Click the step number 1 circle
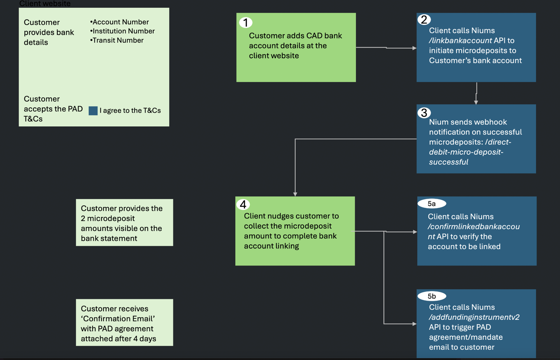245,23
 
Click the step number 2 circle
424,19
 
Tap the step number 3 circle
424,113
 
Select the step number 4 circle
243,204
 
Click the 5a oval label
432,204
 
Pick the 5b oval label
432,296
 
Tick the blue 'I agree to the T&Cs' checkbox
93,111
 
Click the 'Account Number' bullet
119,22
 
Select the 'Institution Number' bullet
122,31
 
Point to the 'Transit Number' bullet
117,40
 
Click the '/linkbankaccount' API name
460,40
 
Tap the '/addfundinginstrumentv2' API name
474,317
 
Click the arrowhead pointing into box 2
414,48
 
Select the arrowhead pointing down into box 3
476,102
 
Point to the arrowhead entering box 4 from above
295,194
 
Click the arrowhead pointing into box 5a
415,232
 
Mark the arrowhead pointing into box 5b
414,324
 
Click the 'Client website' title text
45,4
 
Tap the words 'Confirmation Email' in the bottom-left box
118,319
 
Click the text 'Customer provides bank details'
49,32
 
